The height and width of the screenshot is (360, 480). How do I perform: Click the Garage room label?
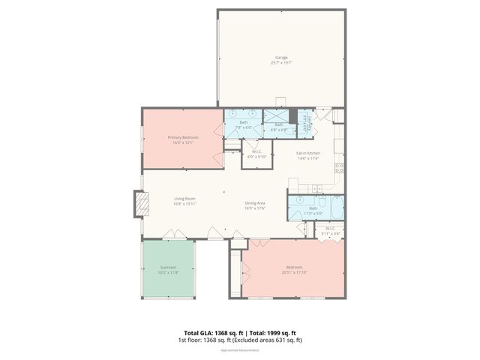pos(280,60)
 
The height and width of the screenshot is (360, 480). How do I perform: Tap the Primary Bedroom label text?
pos(182,139)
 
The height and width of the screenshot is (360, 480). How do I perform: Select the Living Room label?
pos(184,201)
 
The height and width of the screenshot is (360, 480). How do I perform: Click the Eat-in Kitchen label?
pos(308,155)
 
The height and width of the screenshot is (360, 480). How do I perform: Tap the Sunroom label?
pos(168,270)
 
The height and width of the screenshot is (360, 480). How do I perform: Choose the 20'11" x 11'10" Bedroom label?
pos(294,269)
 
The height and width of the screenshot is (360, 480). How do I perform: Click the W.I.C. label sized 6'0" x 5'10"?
pos(256,154)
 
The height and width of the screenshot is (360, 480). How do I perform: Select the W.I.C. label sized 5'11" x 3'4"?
pos(331,231)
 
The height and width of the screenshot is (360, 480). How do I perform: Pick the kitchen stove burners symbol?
pos(338,168)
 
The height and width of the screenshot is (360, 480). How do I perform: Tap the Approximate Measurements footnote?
pos(240,350)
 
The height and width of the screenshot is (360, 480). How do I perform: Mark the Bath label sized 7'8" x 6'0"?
pos(243,124)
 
